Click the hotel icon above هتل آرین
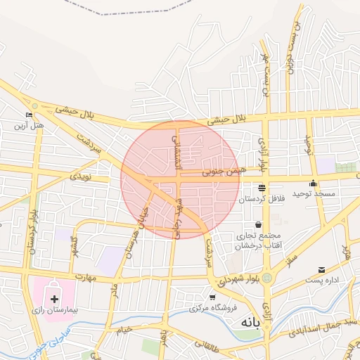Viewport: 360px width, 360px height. tap(29, 115)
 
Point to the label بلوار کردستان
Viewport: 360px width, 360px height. tap(30, 233)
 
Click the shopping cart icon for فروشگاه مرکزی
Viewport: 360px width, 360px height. tap(213, 297)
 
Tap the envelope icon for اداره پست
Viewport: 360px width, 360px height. tap(321, 270)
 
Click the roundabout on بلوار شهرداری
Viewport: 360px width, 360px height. tap(268, 278)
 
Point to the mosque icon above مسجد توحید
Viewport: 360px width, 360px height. tap(314, 184)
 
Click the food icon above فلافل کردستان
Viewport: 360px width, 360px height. tap(262, 188)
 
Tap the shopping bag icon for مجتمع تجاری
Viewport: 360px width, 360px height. tap(259, 224)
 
